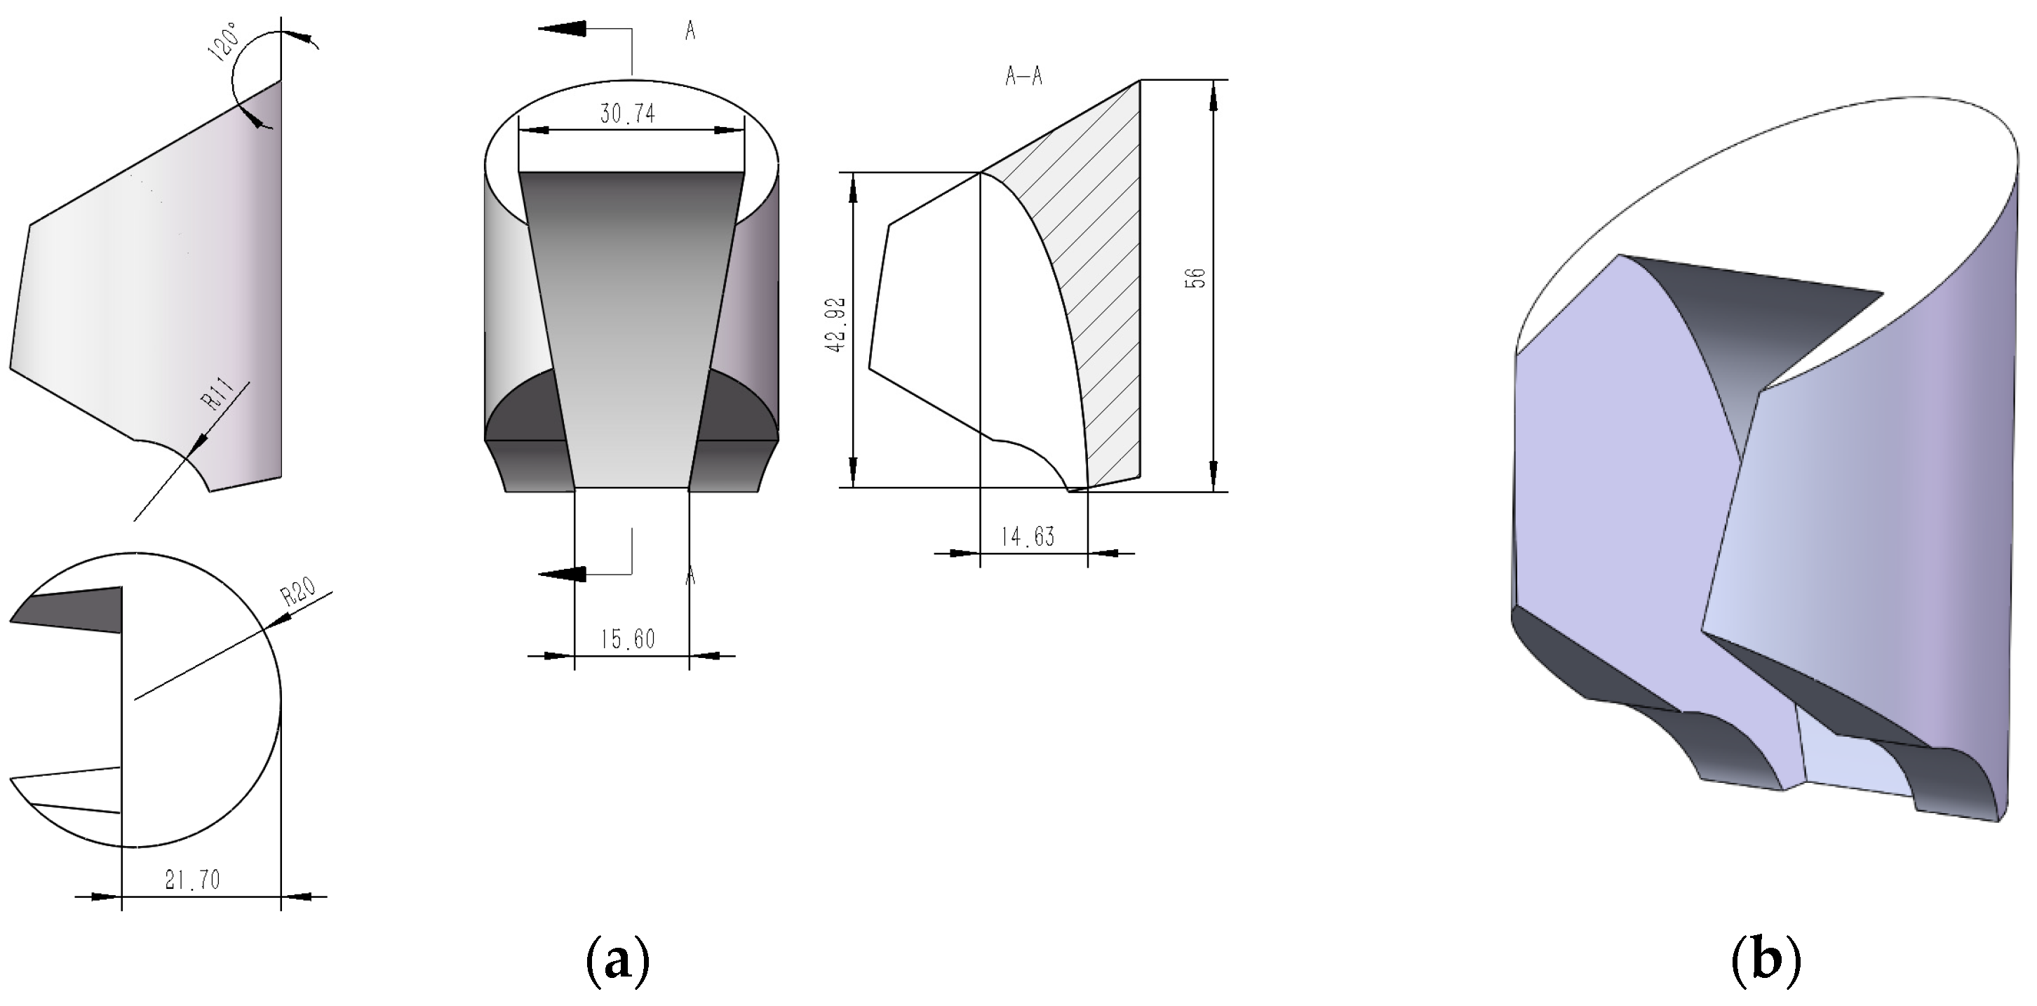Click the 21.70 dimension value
[x=193, y=880]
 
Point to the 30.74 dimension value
[x=627, y=114]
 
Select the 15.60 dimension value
[x=628, y=638]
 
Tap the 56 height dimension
[x=1197, y=278]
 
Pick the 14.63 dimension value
[x=1028, y=537]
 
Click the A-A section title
[x=1024, y=76]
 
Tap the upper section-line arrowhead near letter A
[x=563, y=29]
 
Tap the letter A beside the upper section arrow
[x=690, y=31]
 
